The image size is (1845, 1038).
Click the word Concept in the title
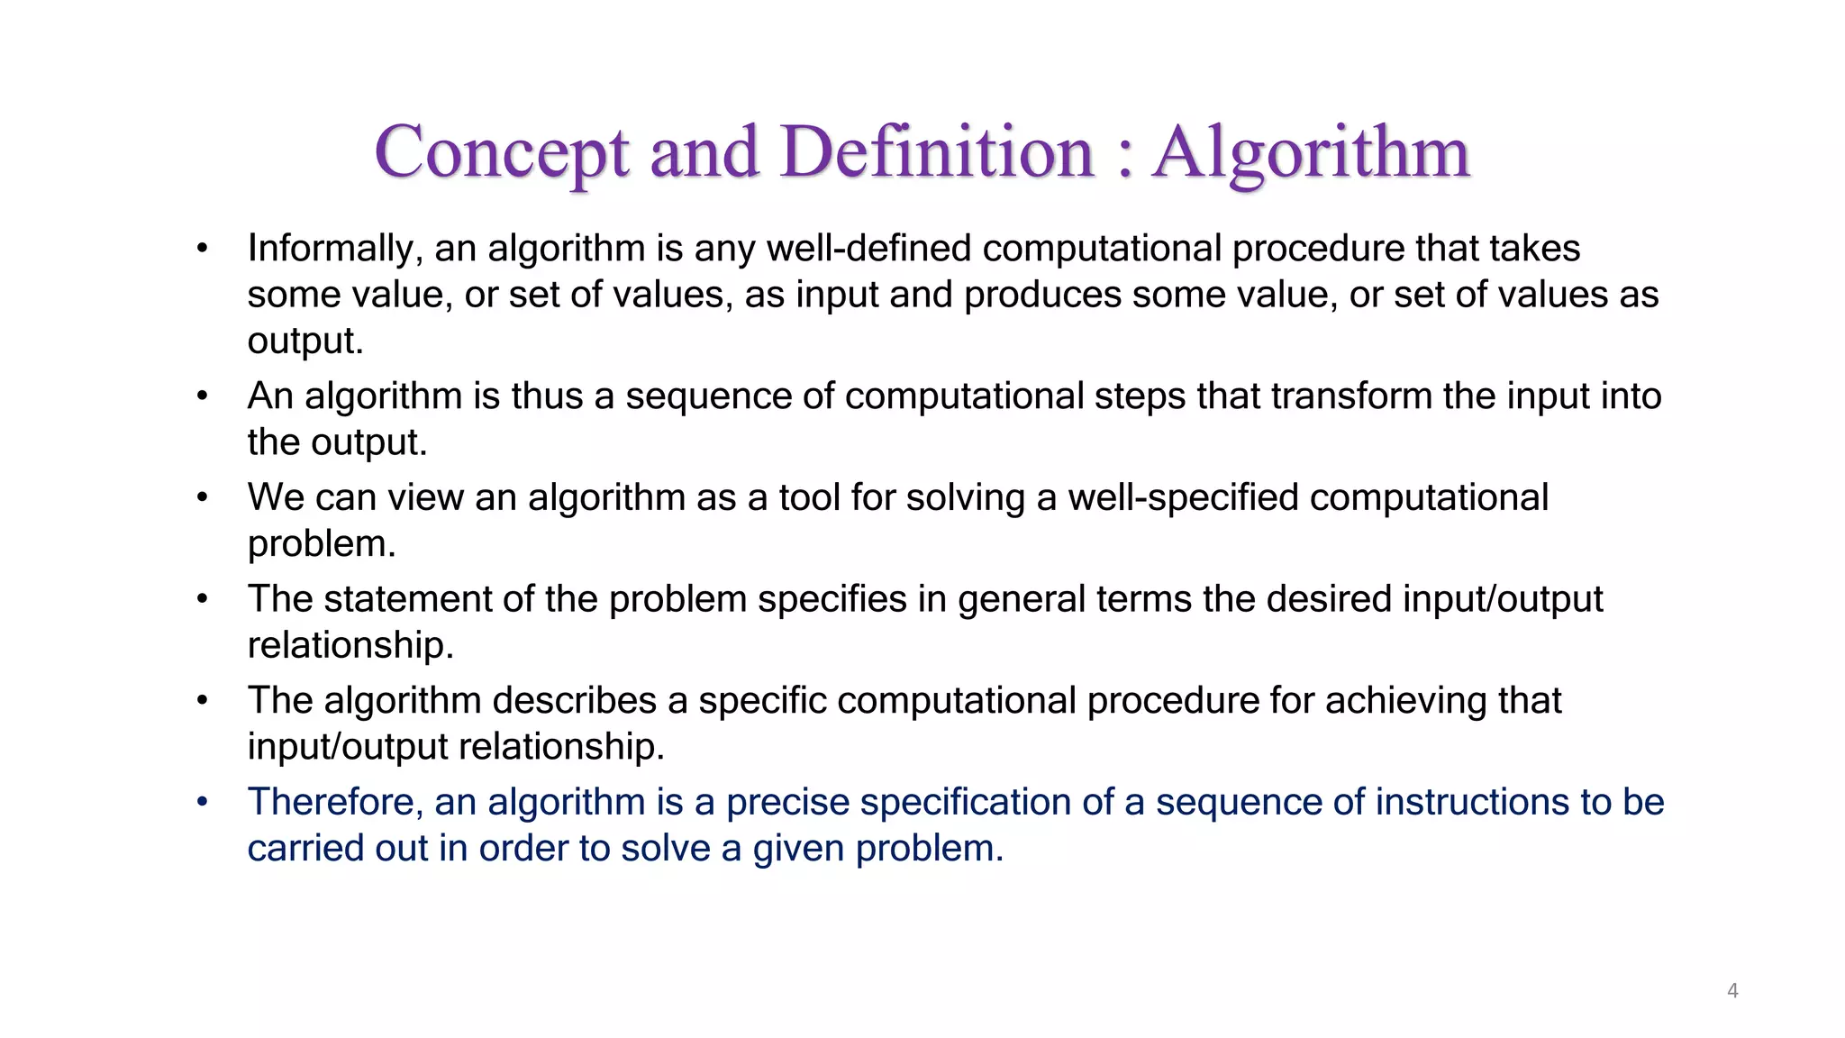[x=501, y=153]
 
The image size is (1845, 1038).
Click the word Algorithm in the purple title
[x=1312, y=153]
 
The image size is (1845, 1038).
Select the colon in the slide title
[x=1123, y=155]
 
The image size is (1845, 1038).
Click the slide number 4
[x=1732, y=991]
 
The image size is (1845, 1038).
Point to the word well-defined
[x=868, y=249]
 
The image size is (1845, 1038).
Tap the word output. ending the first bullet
[x=305, y=341]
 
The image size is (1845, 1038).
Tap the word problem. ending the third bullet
[x=322, y=544]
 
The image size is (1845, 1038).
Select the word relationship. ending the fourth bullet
[x=350, y=645]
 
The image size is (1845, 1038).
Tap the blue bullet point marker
[x=203, y=802]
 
